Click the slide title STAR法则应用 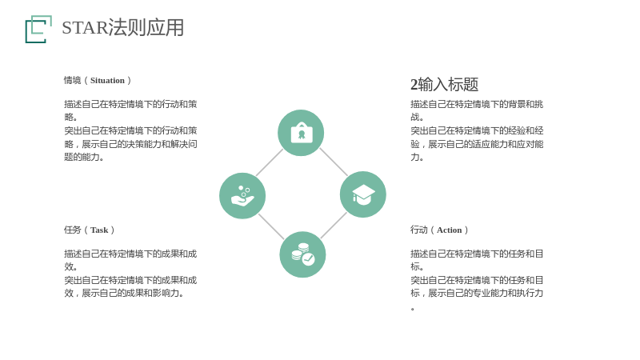tap(123, 28)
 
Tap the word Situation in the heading tap(107, 81)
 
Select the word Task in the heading tap(99, 230)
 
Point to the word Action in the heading tap(449, 230)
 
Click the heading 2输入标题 tap(444, 85)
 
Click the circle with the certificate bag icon tap(301, 133)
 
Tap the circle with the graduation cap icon tap(363, 194)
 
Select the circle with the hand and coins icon tap(242, 196)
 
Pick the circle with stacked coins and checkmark tap(302, 254)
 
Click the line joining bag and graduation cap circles tap(334, 162)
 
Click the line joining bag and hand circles tap(270, 162)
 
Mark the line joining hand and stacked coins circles tap(271, 226)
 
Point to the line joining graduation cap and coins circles tap(334, 226)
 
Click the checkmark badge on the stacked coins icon tap(308, 258)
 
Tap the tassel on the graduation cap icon tap(354, 198)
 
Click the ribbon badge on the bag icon tap(302, 134)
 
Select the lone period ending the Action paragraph tap(413, 309)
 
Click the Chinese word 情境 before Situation tap(72, 81)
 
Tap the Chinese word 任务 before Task tap(72, 230)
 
